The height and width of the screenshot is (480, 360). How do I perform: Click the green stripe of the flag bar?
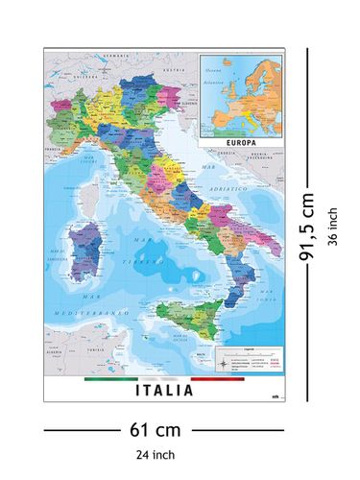click(x=111, y=379)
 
